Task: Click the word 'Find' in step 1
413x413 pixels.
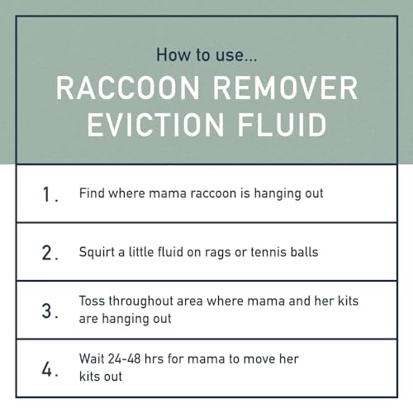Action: (x=92, y=193)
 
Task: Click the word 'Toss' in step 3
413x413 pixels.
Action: (x=93, y=301)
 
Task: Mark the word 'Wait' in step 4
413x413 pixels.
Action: (x=93, y=359)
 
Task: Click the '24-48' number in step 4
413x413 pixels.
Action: (x=131, y=359)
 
